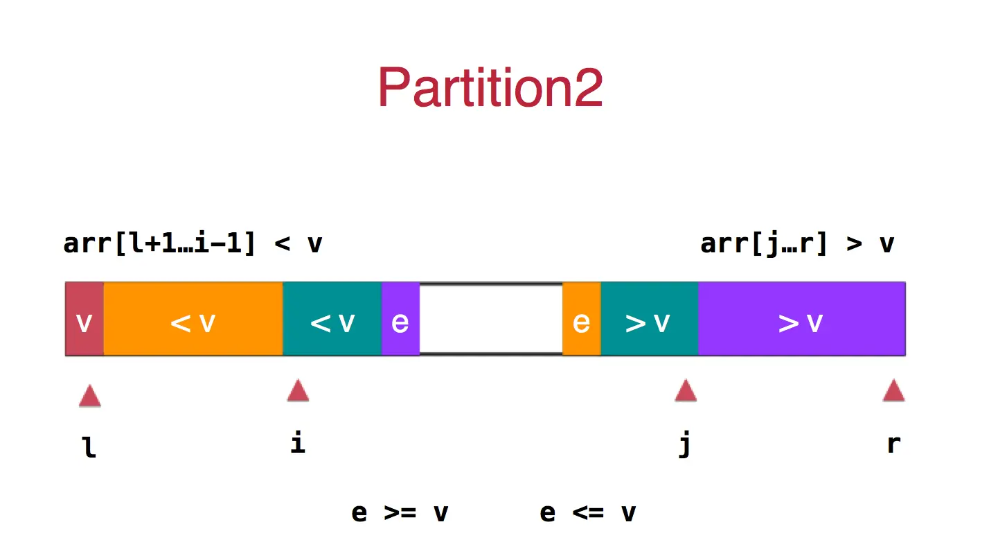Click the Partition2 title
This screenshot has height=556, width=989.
point(490,87)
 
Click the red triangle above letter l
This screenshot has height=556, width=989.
point(90,397)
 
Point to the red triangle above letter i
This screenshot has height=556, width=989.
point(298,391)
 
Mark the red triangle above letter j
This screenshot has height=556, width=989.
point(686,391)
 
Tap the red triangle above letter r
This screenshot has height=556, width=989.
point(893,391)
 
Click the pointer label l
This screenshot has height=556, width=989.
point(90,448)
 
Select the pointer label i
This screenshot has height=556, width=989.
point(298,443)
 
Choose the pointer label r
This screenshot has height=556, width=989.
point(893,444)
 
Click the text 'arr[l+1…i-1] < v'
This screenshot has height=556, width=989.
point(193,244)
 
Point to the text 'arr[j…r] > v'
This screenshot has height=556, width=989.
point(797,244)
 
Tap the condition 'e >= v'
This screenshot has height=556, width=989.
point(400,514)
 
